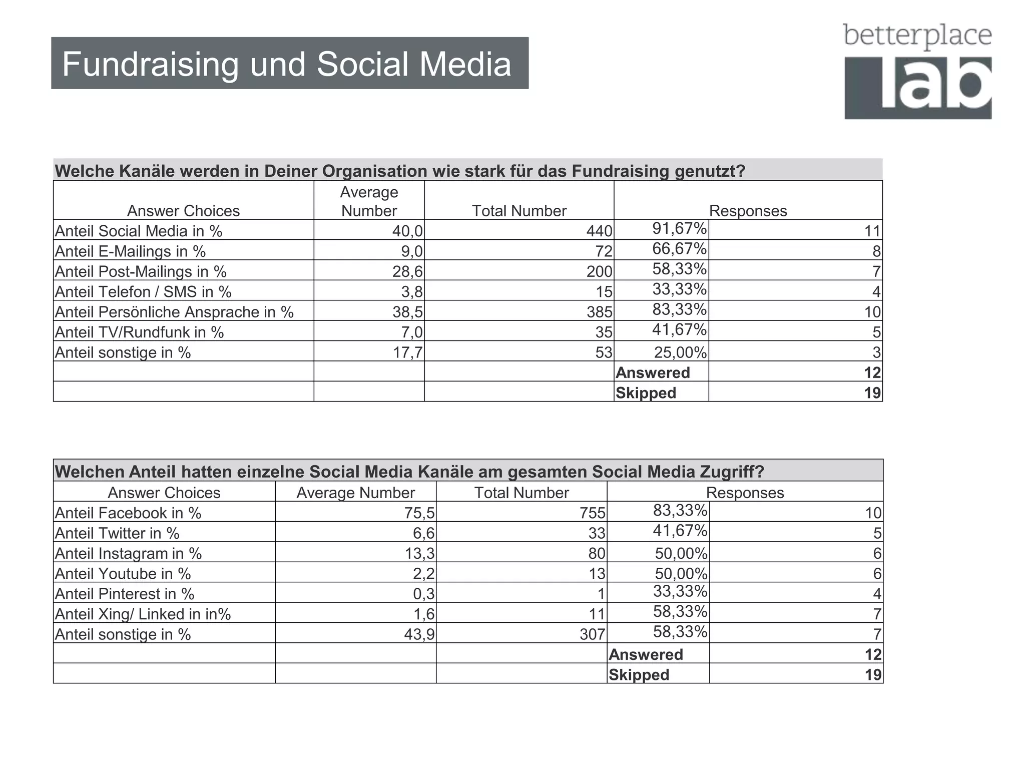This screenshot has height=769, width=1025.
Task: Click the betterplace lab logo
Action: click(x=917, y=71)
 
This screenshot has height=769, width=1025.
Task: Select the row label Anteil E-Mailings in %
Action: click(x=130, y=251)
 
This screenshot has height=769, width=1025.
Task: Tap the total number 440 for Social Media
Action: click(x=599, y=231)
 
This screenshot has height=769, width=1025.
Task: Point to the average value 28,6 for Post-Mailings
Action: click(x=407, y=271)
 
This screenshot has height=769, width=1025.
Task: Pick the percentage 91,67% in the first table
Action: click(x=679, y=229)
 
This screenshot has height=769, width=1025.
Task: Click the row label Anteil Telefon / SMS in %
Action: click(x=143, y=292)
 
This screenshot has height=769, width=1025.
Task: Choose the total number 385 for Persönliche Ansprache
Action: click(x=599, y=312)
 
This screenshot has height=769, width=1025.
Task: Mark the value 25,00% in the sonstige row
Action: click(x=680, y=352)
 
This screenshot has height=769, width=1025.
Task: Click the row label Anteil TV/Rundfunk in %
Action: click(x=139, y=332)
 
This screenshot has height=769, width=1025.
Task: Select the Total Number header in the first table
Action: click(x=519, y=211)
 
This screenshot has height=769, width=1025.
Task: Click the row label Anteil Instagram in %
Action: click(x=128, y=553)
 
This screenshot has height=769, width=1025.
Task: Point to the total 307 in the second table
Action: click(x=593, y=634)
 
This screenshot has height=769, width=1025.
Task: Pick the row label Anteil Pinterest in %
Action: click(x=124, y=594)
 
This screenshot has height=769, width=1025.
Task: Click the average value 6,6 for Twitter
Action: click(x=423, y=533)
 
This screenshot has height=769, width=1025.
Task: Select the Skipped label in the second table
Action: click(x=639, y=674)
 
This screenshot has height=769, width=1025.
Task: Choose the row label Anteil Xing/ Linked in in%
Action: click(x=143, y=614)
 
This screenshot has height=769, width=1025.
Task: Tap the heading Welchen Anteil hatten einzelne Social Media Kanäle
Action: click(x=409, y=472)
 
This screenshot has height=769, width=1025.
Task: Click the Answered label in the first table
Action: click(x=653, y=372)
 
